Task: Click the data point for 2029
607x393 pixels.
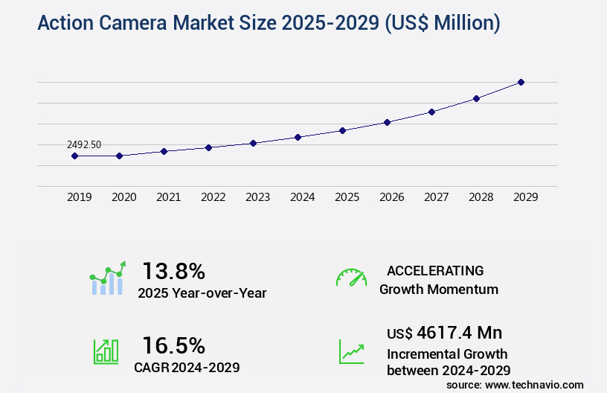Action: point(521,82)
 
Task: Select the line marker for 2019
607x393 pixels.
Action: point(74,156)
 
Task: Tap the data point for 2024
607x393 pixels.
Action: point(298,137)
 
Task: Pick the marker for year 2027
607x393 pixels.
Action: point(431,112)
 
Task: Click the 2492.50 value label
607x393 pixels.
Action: point(83,144)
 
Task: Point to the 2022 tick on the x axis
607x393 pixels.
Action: point(213,197)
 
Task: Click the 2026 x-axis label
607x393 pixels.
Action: point(391,197)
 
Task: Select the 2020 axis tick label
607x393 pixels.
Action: point(123,197)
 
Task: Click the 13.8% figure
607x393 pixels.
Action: point(173,271)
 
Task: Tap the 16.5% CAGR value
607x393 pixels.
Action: point(173,345)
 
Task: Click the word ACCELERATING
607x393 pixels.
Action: point(435,271)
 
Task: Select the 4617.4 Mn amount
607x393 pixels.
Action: point(460,332)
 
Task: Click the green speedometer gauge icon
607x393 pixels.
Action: point(351,278)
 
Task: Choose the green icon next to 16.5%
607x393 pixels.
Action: point(106,351)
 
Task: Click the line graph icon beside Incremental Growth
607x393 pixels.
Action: point(351,351)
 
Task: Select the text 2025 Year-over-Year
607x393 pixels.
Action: point(202,293)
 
